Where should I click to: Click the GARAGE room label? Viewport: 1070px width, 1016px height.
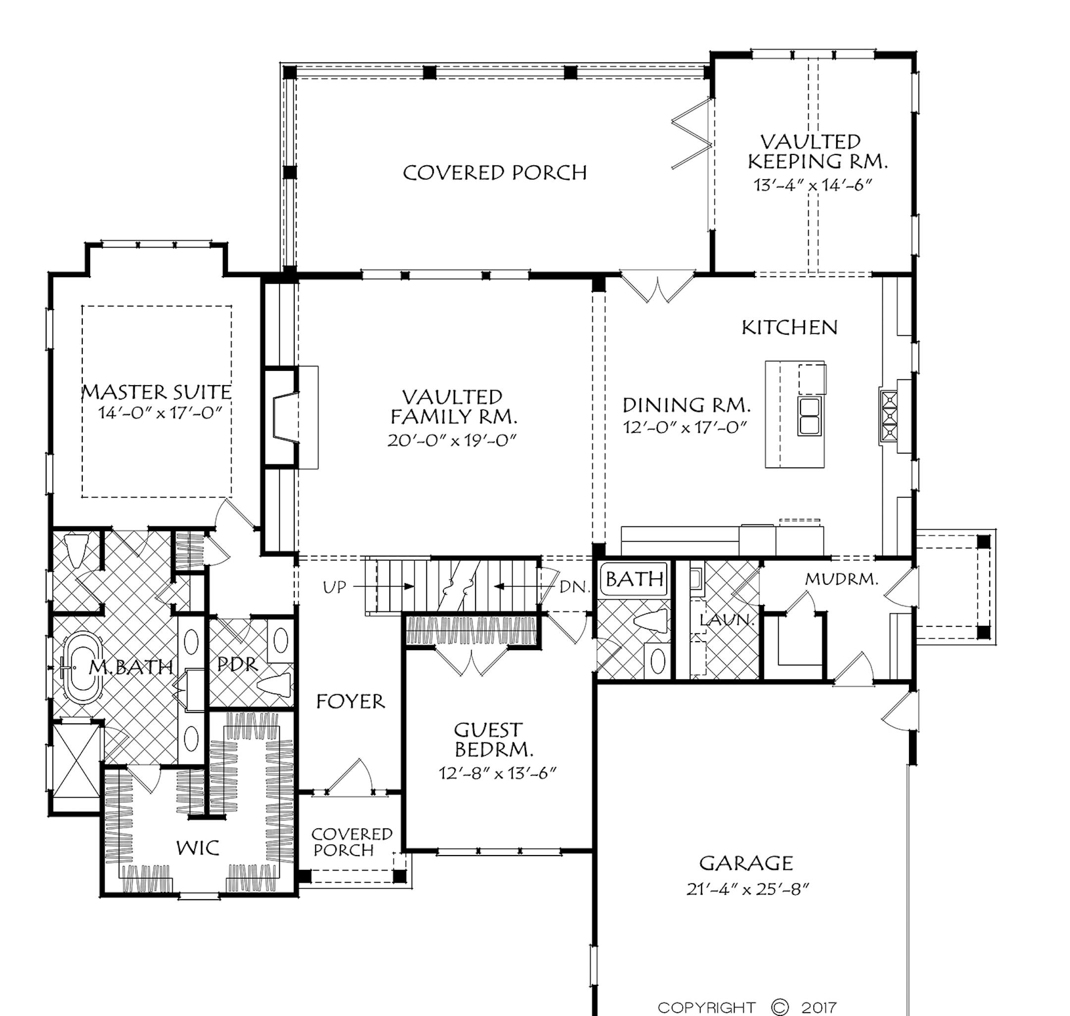click(x=746, y=863)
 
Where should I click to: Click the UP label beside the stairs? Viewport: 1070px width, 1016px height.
click(x=334, y=588)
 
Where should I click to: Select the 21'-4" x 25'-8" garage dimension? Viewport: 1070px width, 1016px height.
click(x=747, y=889)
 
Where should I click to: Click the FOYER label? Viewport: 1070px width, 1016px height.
click(x=351, y=702)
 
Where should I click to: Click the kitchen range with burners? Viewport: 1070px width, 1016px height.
click(x=890, y=416)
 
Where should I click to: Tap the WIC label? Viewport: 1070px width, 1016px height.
click(x=198, y=848)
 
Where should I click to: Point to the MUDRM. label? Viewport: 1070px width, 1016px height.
click(x=841, y=579)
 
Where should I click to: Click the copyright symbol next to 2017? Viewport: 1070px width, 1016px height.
click(x=779, y=1007)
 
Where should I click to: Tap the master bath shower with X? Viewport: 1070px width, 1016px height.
click(x=76, y=761)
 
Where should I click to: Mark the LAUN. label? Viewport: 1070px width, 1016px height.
click(x=727, y=619)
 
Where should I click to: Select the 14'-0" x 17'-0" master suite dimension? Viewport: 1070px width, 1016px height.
click(x=160, y=413)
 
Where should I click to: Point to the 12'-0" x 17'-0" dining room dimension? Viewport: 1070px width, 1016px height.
click(x=685, y=427)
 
